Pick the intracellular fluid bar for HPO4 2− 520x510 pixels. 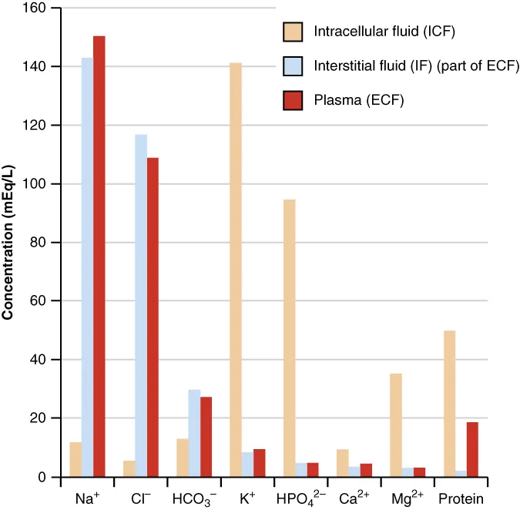[290, 338]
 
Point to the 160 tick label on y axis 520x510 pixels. [33, 8]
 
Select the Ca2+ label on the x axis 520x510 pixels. [354, 498]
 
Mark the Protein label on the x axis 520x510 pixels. [461, 498]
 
